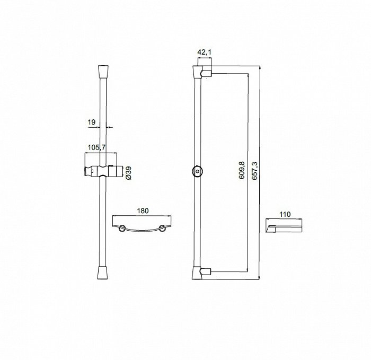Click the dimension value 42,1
205,52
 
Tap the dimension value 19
92,122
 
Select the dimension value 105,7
96,148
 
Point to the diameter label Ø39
129,173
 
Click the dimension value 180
143,210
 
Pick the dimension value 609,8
242,170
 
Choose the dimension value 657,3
254,171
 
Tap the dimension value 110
285,214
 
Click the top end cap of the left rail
103,72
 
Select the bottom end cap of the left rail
103,273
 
